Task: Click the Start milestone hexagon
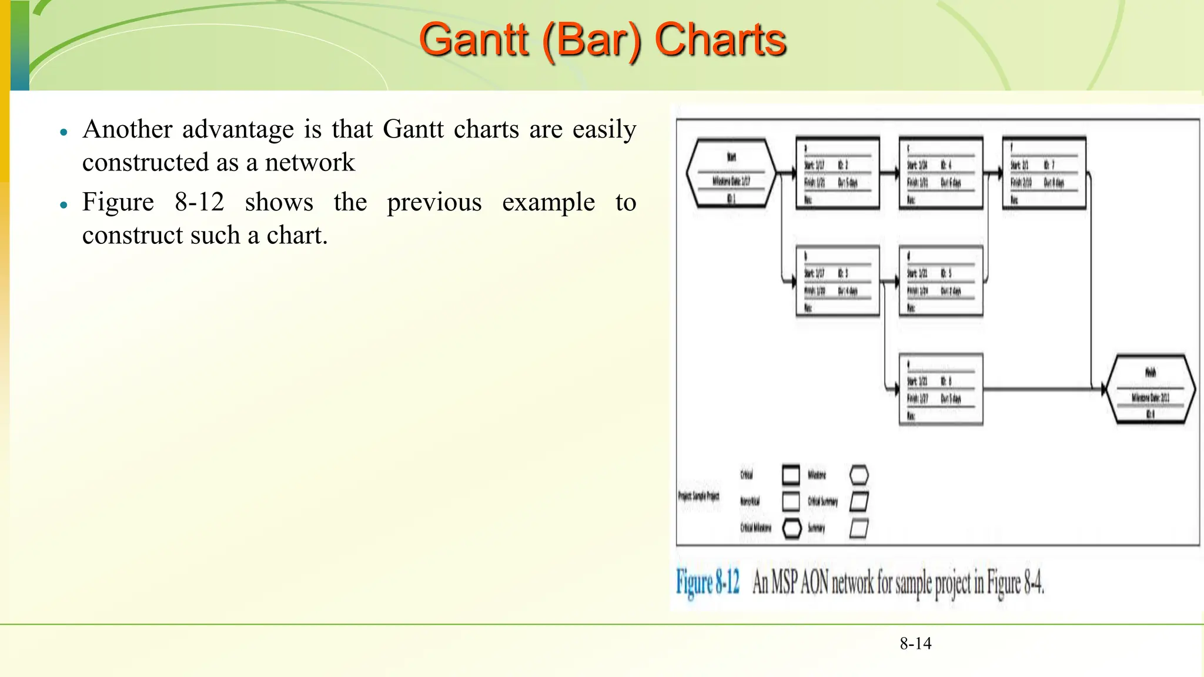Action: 731,173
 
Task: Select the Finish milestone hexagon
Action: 1151,388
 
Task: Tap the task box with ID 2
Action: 838,173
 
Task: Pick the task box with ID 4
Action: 941,173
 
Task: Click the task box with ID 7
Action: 1044,173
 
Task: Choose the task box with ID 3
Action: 838,281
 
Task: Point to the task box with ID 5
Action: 941,281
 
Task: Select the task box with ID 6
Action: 941,388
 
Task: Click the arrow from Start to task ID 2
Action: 787,173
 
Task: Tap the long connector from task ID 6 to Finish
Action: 1041,388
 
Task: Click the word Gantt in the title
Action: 474,40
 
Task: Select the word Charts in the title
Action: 720,40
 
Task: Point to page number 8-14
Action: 915,644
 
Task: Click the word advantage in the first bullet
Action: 238,129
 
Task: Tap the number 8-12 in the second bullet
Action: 199,202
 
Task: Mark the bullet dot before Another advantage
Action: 64,132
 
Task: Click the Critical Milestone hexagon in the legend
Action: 792,528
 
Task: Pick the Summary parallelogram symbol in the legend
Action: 859,528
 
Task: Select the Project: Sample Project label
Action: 698,496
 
